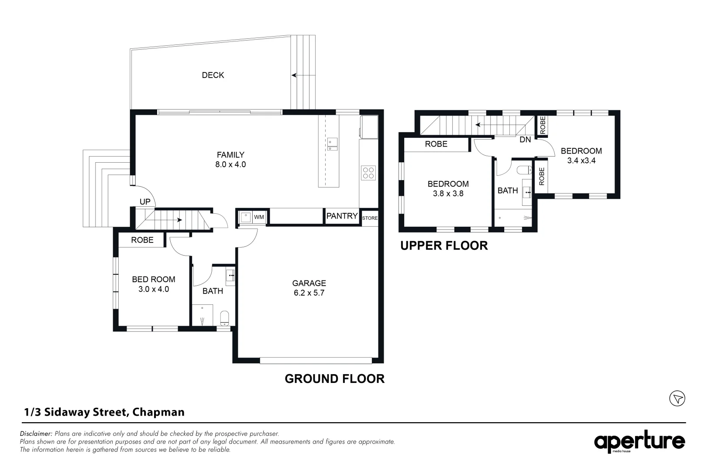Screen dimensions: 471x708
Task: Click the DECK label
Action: [213, 75]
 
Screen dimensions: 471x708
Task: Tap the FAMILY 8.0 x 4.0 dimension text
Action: [230, 164]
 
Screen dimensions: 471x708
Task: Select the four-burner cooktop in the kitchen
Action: [368, 173]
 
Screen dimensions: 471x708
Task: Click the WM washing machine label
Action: [259, 217]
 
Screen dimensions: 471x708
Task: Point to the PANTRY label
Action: [342, 216]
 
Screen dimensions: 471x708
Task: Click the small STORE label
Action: [370, 218]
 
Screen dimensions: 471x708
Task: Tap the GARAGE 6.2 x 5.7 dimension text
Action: [309, 293]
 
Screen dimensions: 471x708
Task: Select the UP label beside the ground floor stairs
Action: [145, 201]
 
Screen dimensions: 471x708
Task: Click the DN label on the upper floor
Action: [525, 140]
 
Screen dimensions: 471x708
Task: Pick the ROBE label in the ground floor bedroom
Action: [142, 240]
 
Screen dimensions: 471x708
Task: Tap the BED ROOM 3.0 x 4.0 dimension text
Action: [153, 289]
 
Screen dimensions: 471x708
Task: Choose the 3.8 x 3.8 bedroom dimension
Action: [448, 194]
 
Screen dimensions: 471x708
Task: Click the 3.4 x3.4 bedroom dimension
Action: [581, 160]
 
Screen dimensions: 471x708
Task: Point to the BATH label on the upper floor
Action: [507, 191]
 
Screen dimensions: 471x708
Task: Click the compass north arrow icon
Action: [677, 398]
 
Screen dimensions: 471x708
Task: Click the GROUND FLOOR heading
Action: [334, 379]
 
